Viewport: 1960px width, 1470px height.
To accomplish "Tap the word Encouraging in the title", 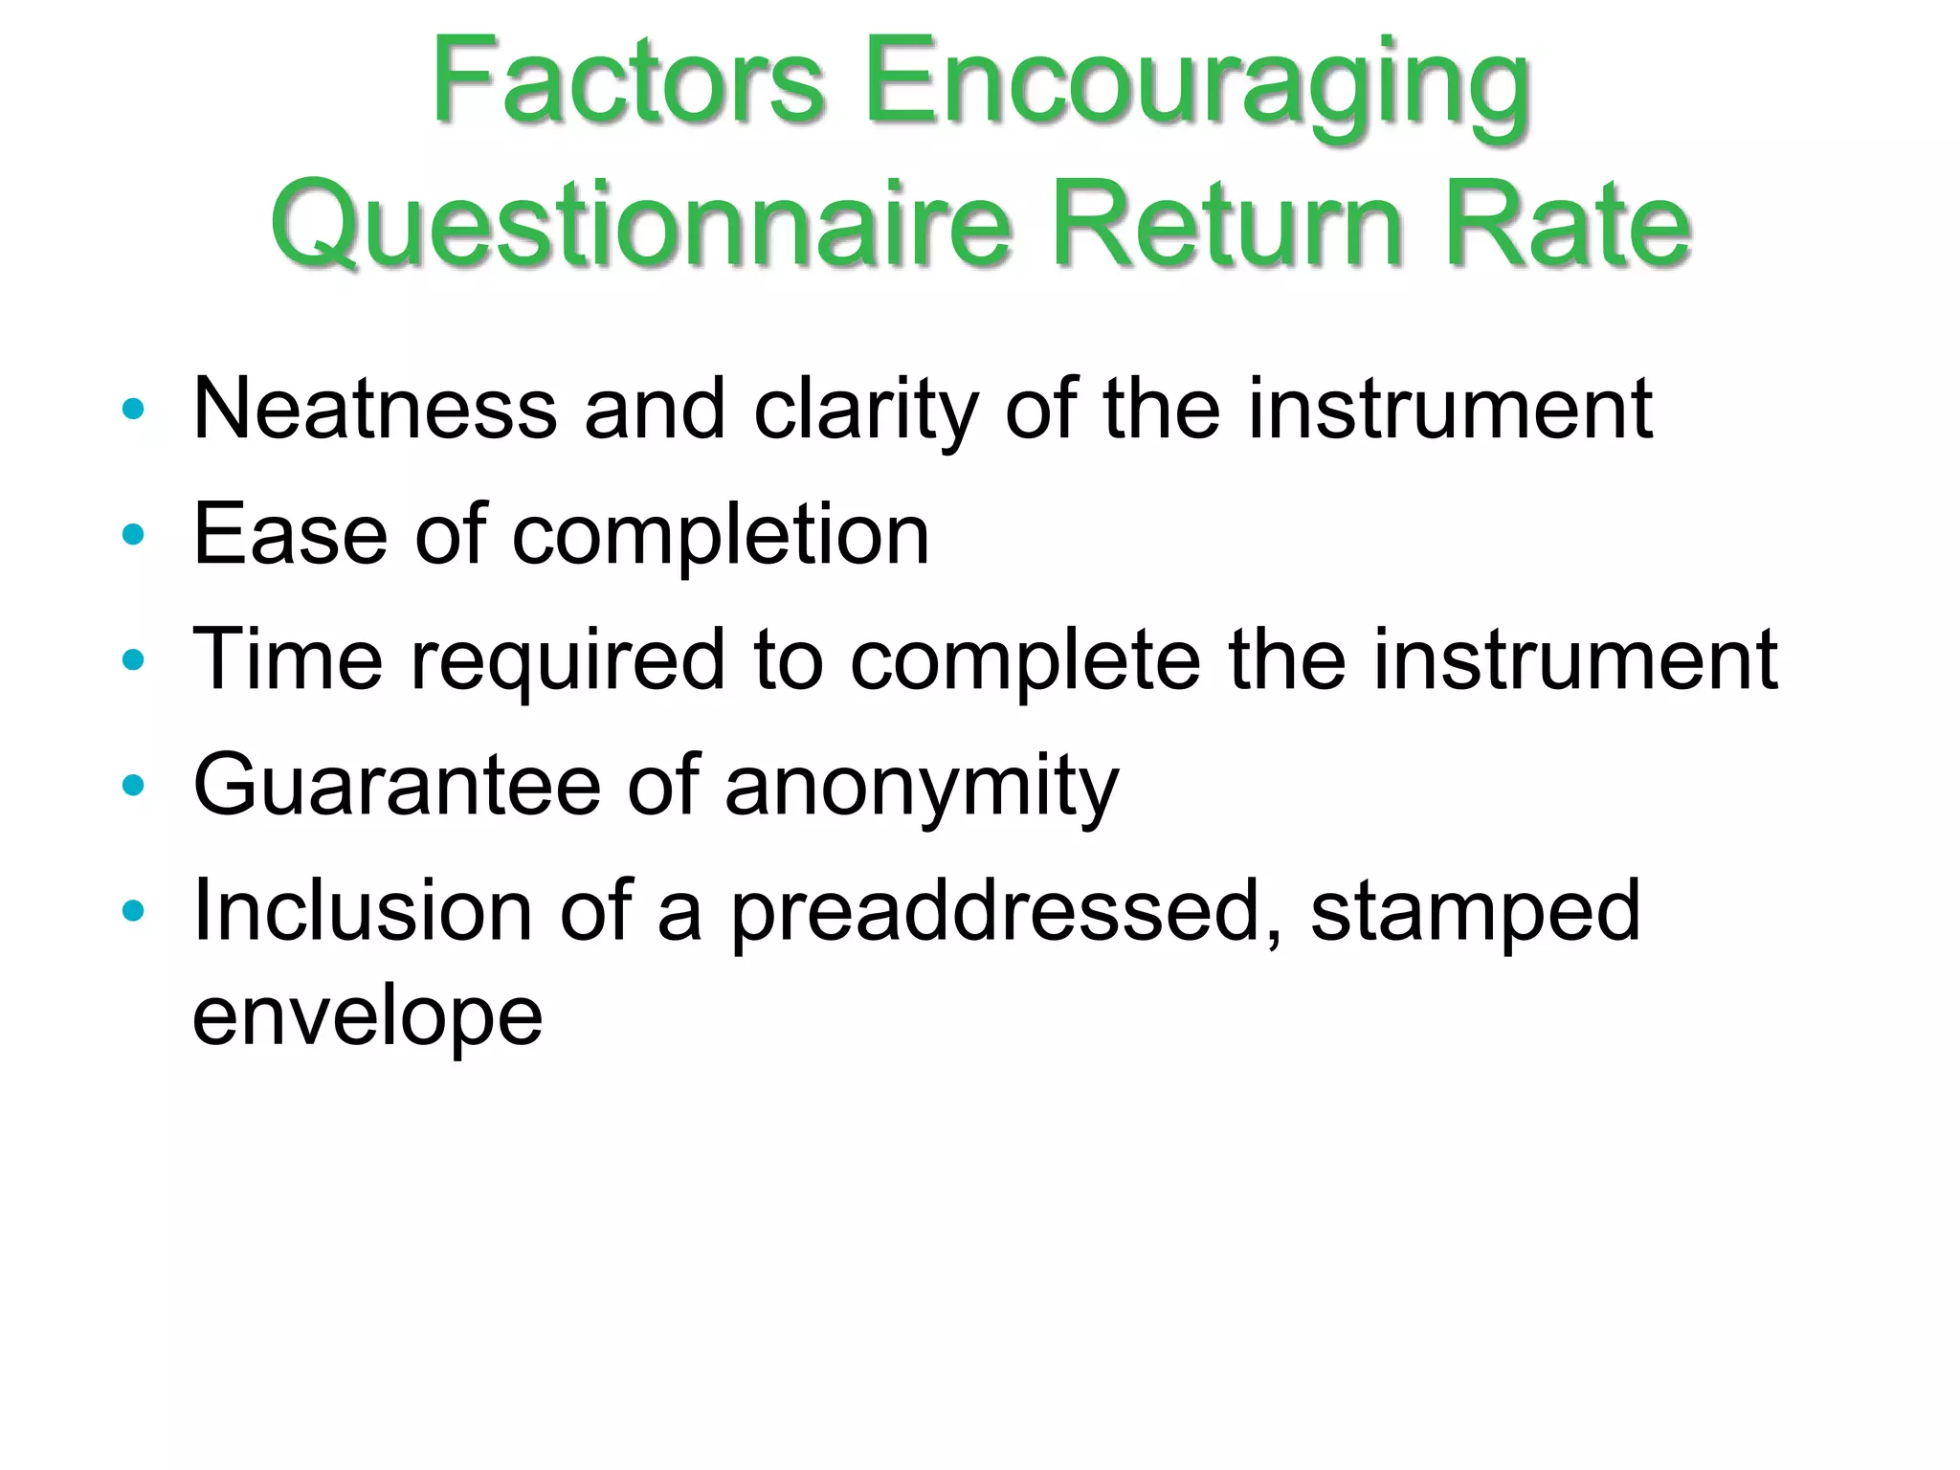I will (x=1196, y=86).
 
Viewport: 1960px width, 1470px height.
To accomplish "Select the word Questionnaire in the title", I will (x=641, y=226).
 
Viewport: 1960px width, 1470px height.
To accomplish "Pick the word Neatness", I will (x=374, y=409).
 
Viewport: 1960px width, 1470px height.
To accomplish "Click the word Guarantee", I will (x=396, y=785).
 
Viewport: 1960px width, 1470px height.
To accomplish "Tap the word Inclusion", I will (x=362, y=910).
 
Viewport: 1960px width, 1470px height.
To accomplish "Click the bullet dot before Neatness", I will (x=133, y=410).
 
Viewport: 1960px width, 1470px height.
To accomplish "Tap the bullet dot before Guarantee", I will (x=133, y=786).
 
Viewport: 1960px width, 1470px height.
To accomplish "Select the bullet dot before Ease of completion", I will (x=133, y=535).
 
